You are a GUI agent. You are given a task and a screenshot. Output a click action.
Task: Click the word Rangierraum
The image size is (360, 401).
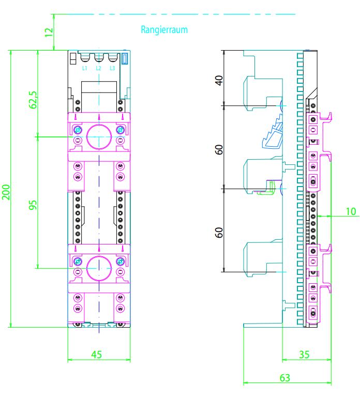pos(164,29)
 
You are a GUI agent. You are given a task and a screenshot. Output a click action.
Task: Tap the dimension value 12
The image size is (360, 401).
pos(49,32)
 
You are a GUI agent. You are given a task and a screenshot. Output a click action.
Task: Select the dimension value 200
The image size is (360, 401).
pos(6,192)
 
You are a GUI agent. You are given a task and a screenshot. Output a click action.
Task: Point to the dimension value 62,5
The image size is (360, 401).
pos(34,100)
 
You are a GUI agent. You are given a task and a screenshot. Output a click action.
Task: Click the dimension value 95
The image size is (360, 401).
pos(33,205)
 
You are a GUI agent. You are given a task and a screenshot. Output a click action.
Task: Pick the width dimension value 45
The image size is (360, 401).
pos(97,354)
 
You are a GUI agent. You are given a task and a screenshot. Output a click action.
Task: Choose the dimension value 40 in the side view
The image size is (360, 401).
pos(219,81)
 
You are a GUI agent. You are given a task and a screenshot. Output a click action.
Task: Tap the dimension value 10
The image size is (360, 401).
pos(351,211)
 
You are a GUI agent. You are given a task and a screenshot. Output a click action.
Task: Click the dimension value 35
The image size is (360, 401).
pos(304,354)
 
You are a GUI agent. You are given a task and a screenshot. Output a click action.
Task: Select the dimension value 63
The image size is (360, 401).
pos(284,378)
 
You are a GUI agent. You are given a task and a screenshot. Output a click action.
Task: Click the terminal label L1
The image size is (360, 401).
pos(84,68)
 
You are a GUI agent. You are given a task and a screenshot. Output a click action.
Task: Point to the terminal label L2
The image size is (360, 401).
pos(99,68)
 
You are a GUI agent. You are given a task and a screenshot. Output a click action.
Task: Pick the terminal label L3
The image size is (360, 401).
pos(112,68)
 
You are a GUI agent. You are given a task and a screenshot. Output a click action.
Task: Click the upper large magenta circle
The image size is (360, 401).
pos(99,125)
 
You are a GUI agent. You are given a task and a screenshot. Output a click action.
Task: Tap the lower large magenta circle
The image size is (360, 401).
pos(99,256)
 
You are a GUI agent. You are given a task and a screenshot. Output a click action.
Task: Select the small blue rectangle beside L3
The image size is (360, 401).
pos(125,58)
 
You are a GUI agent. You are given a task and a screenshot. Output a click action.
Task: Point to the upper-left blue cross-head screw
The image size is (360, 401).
pos(78,130)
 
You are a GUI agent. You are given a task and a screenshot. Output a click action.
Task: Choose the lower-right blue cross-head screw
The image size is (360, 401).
pos(120,261)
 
